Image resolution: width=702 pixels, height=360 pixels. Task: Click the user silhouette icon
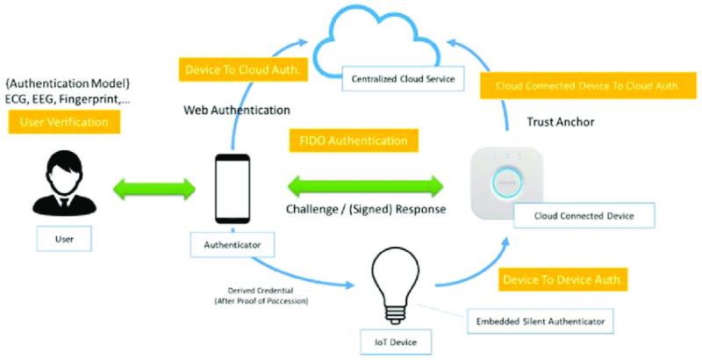(64, 184)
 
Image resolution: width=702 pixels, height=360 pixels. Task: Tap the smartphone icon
(233, 189)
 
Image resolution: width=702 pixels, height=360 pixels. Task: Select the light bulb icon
(396, 285)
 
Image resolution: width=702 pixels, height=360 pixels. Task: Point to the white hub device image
(506, 183)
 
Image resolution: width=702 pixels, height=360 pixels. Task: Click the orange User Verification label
(64, 122)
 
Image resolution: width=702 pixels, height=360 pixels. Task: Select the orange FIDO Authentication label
(354, 140)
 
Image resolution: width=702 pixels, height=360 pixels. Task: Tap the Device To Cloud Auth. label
(243, 69)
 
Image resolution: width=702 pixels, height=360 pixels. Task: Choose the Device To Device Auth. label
(562, 280)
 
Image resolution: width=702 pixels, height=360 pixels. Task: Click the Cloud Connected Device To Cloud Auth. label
(588, 85)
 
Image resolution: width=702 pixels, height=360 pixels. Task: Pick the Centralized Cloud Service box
(403, 79)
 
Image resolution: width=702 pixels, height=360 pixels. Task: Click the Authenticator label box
(233, 245)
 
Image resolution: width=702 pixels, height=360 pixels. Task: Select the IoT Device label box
(396, 342)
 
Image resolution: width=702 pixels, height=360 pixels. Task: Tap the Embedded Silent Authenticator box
(540, 321)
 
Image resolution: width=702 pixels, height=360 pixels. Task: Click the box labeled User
(64, 239)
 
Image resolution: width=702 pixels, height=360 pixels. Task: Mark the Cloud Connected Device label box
(584, 215)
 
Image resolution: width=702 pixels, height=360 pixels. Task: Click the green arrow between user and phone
(154, 189)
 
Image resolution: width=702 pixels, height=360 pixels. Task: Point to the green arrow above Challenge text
(365, 186)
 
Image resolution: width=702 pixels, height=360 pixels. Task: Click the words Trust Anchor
(561, 122)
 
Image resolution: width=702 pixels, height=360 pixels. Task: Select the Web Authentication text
(237, 110)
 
